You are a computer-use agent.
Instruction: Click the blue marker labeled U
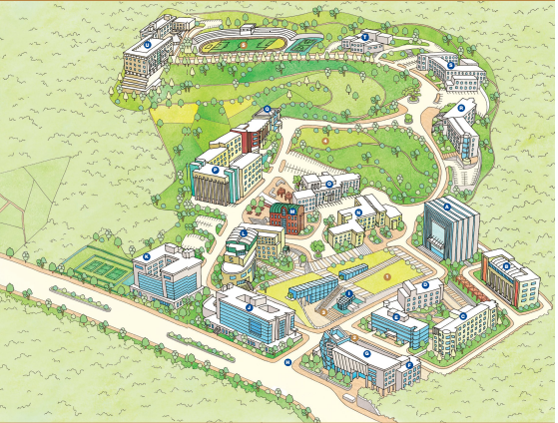point(147,44)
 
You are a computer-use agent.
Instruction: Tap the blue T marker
point(365,37)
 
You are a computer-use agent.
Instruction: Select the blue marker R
point(451,65)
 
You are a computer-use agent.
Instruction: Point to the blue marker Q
point(461,106)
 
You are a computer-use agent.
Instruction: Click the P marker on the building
point(268,110)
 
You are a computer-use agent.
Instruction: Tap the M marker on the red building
point(291,211)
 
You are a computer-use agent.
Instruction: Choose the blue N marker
point(328,183)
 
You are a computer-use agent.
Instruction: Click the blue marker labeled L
point(243,233)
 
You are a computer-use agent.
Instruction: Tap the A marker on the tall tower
point(447,208)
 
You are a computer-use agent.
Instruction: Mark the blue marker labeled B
point(506,265)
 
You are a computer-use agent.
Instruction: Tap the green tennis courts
point(96,262)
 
